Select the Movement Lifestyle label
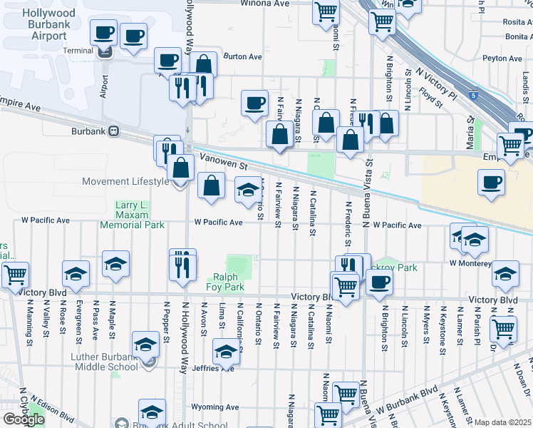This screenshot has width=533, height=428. (125, 181)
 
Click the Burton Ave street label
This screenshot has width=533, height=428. (243, 56)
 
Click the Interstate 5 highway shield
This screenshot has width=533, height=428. (474, 94)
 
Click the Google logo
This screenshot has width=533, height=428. (23, 419)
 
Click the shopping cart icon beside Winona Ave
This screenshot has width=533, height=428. (326, 11)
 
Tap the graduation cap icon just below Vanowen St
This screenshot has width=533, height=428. (248, 190)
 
